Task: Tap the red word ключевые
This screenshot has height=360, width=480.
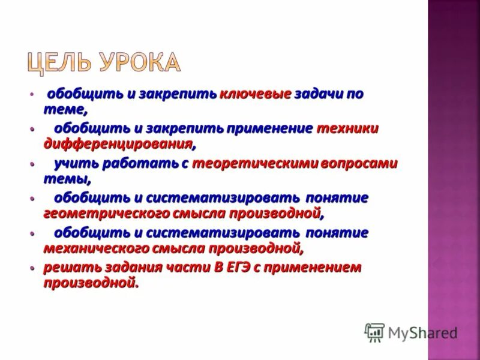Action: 256,94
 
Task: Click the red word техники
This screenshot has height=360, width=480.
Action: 347,128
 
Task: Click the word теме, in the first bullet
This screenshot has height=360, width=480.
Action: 65,109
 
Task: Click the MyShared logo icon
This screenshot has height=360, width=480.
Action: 374,332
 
